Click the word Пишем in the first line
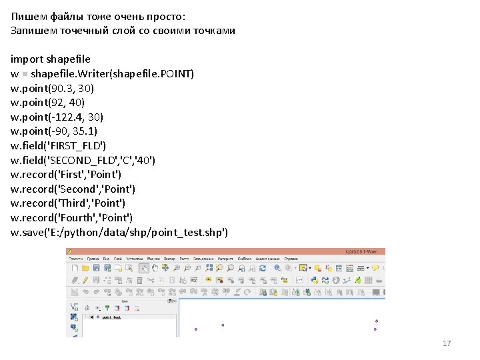(x=26, y=16)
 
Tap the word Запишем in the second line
(x=32, y=30)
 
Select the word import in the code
(x=26, y=59)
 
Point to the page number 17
(x=447, y=343)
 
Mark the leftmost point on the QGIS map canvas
(x=196, y=329)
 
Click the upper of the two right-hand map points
(x=377, y=321)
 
